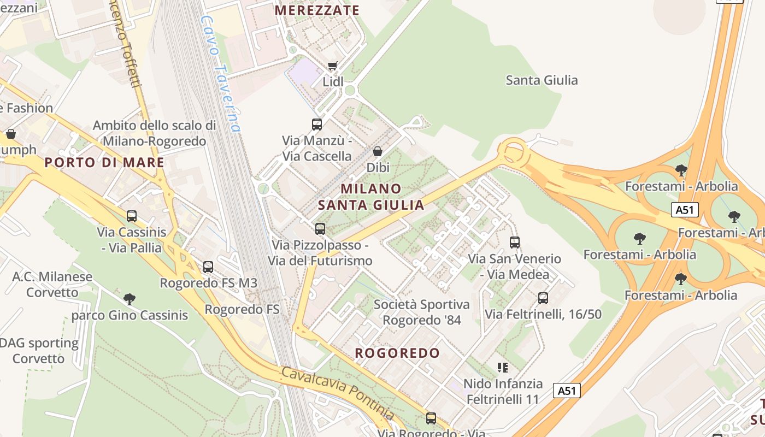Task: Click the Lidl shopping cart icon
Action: pos(332,66)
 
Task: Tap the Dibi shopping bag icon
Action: pos(377,151)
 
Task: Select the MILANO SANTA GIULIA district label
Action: pos(371,197)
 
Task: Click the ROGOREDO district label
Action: pos(397,353)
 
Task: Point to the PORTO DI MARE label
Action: pos(104,162)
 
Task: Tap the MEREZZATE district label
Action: pos(317,10)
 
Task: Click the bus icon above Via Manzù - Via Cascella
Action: pos(317,125)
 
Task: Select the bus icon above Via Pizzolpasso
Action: pos(320,229)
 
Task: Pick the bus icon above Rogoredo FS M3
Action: pos(208,267)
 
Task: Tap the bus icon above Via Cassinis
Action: pos(131,216)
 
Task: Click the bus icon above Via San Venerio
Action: pos(515,243)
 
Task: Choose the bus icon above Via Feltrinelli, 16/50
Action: pos(543,298)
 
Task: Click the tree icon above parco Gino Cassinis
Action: pos(130,299)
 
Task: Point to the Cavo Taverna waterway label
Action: pos(221,74)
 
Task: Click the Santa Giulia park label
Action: pos(542,80)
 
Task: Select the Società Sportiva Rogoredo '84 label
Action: pos(422,312)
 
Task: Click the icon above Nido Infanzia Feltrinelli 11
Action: pos(503,368)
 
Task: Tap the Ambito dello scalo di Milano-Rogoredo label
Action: pos(155,133)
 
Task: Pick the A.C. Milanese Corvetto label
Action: pos(52,284)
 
